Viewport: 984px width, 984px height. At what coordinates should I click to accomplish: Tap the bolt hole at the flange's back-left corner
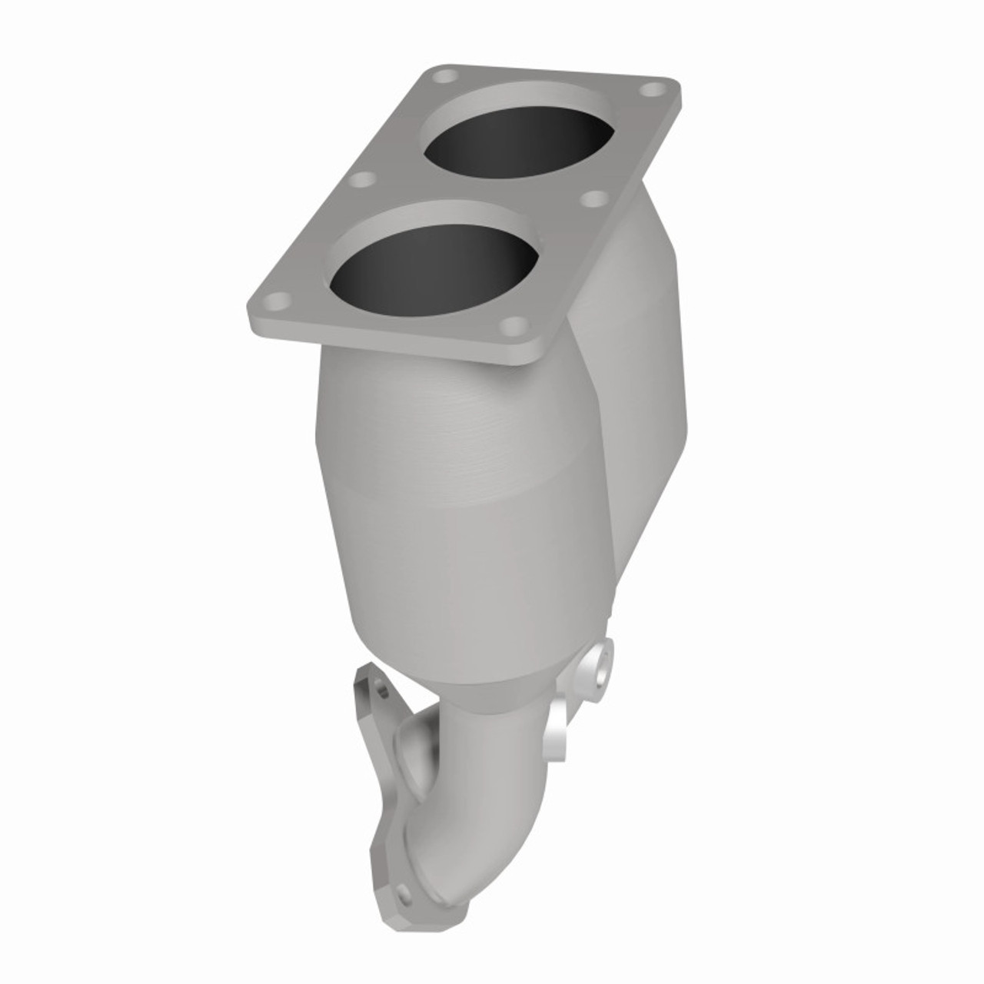coord(444,77)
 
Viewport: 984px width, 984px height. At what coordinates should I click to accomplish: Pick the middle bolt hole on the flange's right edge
coord(592,198)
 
